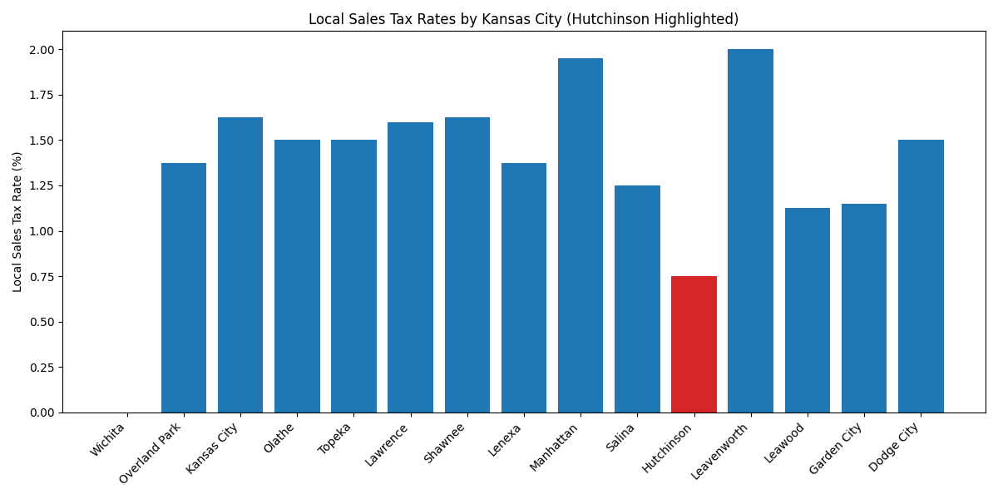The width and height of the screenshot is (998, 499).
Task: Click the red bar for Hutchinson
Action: [x=694, y=344]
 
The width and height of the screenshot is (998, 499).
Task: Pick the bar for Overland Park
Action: [x=183, y=288]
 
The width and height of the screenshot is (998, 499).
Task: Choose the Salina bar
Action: [x=637, y=299]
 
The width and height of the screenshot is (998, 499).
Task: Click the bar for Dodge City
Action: [x=921, y=276]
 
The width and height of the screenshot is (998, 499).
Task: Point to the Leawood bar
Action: [x=807, y=310]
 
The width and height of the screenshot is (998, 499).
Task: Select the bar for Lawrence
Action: [x=410, y=268]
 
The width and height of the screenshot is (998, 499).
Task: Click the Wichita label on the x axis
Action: [x=108, y=439]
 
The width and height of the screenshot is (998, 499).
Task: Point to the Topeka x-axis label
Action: [x=335, y=438]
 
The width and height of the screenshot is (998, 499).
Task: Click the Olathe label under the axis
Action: [x=279, y=437]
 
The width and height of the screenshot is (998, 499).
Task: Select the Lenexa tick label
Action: [x=505, y=439]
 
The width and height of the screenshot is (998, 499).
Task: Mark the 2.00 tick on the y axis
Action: [x=42, y=50]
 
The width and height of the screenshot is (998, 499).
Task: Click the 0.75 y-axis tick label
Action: [x=42, y=277]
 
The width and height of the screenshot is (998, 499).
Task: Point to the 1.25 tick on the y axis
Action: [x=42, y=186]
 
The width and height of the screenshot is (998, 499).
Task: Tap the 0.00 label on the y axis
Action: [x=42, y=413]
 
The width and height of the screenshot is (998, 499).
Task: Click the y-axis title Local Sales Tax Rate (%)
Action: [x=17, y=222]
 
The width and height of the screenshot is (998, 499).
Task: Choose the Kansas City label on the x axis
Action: [x=213, y=448]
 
